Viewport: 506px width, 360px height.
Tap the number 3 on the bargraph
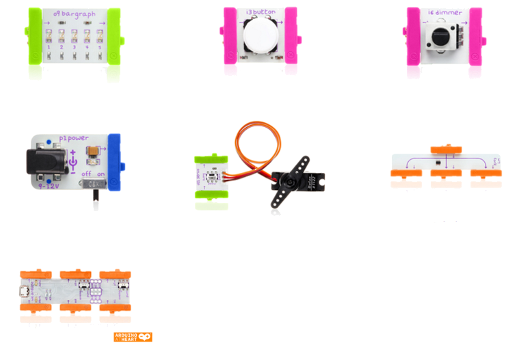click(73, 46)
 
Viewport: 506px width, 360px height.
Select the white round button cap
click(257, 32)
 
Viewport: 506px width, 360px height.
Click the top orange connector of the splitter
click(446, 149)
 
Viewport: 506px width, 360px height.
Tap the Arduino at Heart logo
click(133, 337)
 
